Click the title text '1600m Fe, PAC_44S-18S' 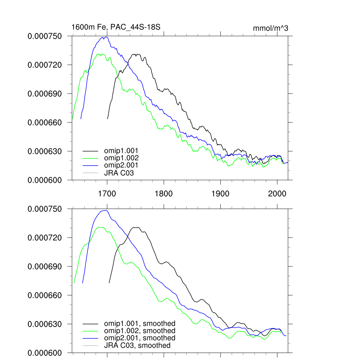click(x=116, y=27)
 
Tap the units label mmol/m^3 click(x=270, y=28)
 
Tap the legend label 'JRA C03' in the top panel click(x=119, y=173)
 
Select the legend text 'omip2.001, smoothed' click(x=140, y=338)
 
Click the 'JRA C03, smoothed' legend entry click(x=137, y=346)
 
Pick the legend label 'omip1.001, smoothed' click(x=140, y=323)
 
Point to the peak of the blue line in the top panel click(x=105, y=37)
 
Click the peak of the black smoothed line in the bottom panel click(x=136, y=227)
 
